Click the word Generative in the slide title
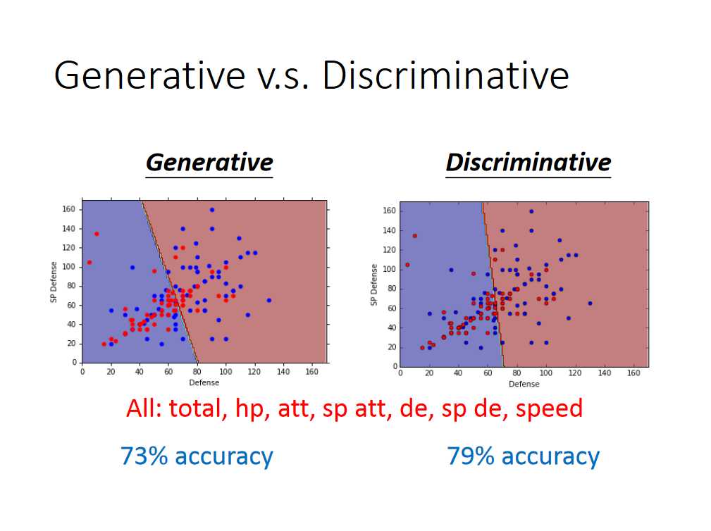tap(149, 76)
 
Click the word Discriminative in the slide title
tap(446, 75)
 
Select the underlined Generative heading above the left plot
tap(209, 162)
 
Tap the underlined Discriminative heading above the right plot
tap(528, 162)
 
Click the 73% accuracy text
tap(197, 456)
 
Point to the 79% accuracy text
tap(524, 456)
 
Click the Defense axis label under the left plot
tap(204, 382)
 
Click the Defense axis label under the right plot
tap(524, 384)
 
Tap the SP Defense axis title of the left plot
tap(54, 282)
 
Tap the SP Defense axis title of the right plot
tap(373, 285)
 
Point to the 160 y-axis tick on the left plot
tap(68, 209)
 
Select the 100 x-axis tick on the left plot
tap(225, 372)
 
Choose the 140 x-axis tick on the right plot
tap(605, 373)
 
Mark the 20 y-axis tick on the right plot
tap(392, 347)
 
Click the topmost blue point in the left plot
tap(212, 210)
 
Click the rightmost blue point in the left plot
tap(269, 301)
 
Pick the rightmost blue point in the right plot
tap(590, 303)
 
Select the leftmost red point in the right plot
tap(407, 265)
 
